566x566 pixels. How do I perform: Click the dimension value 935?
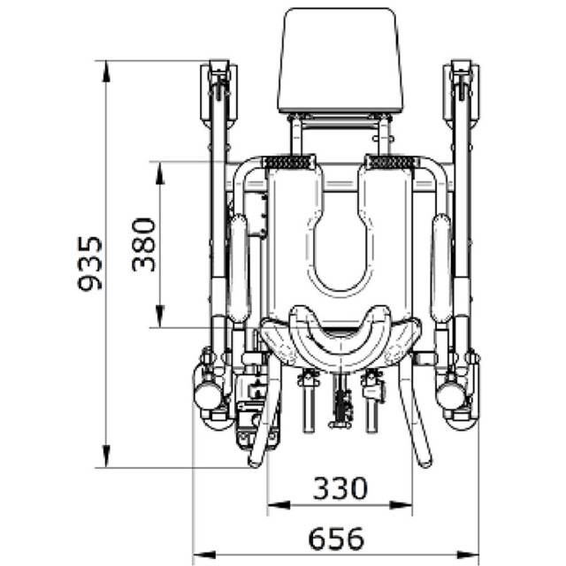click(x=90, y=264)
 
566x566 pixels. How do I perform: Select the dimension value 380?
click(x=143, y=244)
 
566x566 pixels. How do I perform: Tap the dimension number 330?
click(x=340, y=488)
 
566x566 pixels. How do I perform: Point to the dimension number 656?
click(x=336, y=539)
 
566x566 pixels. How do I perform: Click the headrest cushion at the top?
click(x=340, y=61)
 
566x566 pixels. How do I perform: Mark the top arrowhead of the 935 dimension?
click(x=106, y=72)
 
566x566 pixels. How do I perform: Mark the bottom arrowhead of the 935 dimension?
click(x=106, y=456)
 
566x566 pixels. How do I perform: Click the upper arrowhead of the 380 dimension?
click(x=160, y=173)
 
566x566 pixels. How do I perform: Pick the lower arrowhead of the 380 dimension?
click(x=160, y=317)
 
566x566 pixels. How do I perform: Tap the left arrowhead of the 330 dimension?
click(x=279, y=505)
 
